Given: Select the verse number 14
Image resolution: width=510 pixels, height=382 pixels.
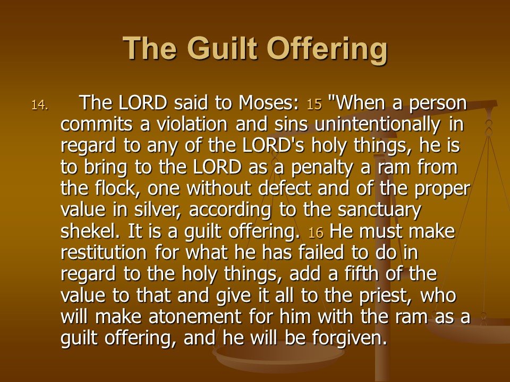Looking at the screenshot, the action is pos(40,105).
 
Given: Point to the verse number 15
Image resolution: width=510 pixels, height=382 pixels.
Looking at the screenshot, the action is pos(314,105).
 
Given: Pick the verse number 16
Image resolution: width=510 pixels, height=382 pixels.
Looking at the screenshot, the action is pos(316,232).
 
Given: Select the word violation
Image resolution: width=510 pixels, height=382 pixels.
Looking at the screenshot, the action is pos(192,124).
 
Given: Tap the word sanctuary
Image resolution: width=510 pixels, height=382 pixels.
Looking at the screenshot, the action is pos(379,211).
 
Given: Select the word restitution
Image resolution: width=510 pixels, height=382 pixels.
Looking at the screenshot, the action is pos(104,253).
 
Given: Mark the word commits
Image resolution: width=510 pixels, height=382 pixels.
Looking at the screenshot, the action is pos(97,124).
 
